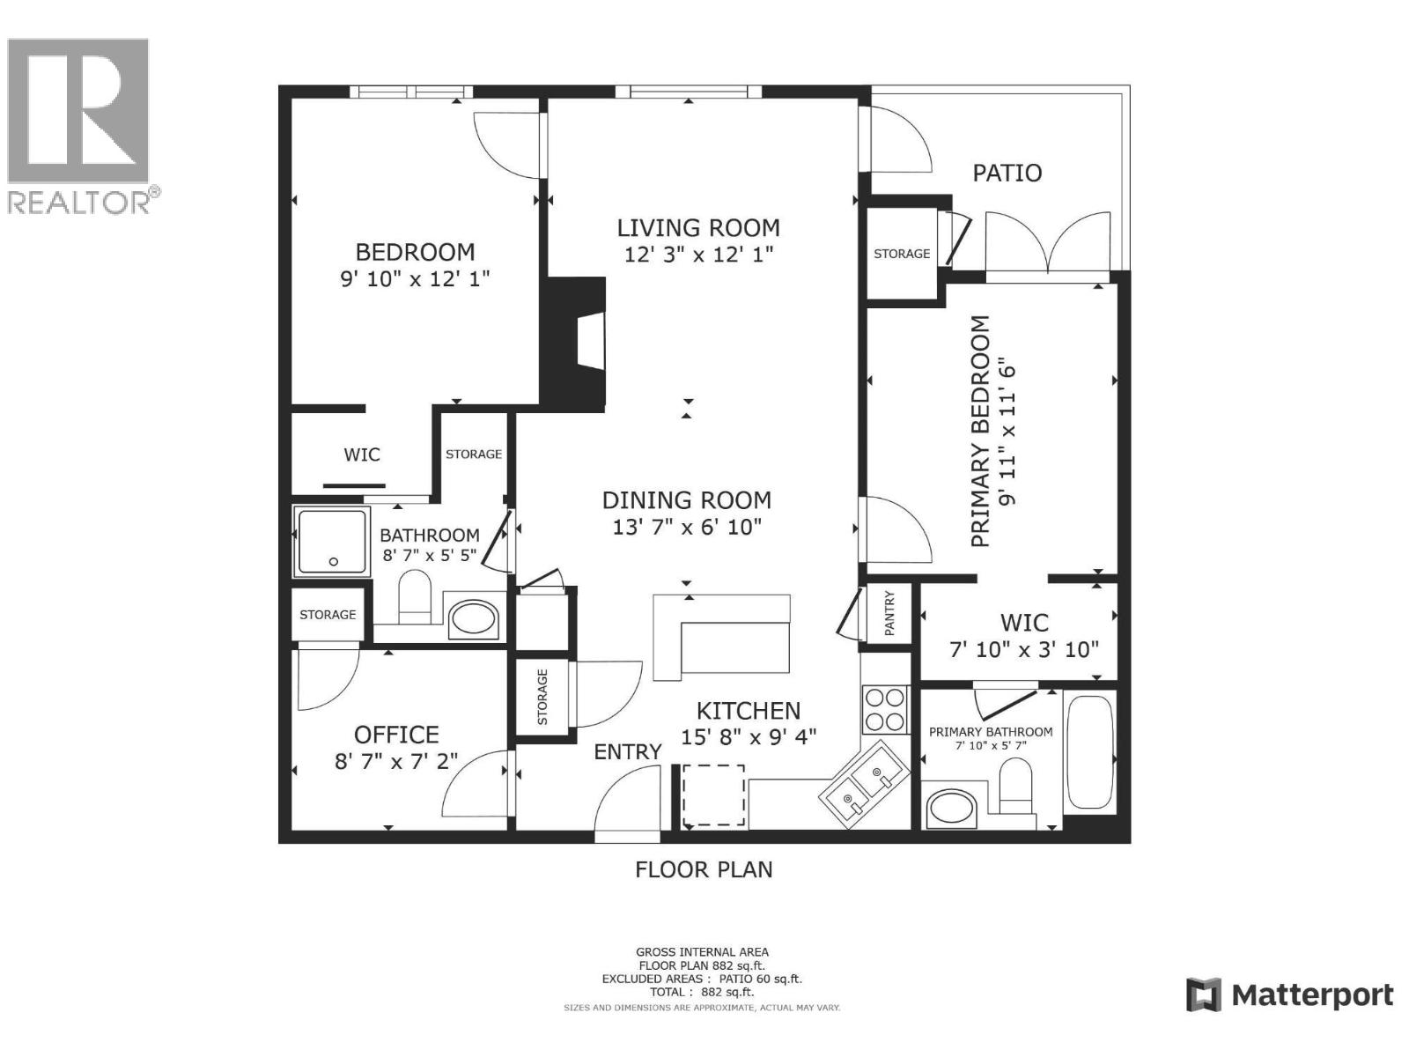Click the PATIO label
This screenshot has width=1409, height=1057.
[x=1007, y=173]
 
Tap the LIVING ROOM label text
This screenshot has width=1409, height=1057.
[x=697, y=228]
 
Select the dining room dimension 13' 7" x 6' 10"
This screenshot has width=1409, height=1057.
[x=687, y=527]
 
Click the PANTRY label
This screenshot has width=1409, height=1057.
[x=889, y=614]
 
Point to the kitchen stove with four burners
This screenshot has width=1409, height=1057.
[x=884, y=709]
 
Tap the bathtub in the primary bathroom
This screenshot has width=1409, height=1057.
[x=1089, y=753]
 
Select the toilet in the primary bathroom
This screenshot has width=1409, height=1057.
[x=1015, y=787]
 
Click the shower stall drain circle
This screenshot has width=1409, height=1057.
[x=333, y=562]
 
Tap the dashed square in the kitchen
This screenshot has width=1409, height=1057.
[x=713, y=795]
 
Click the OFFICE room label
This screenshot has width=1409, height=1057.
[x=396, y=735]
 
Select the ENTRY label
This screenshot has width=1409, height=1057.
[x=627, y=751]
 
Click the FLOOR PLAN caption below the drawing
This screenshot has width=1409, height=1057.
[x=704, y=869]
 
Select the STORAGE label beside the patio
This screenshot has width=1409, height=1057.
[x=901, y=254]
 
